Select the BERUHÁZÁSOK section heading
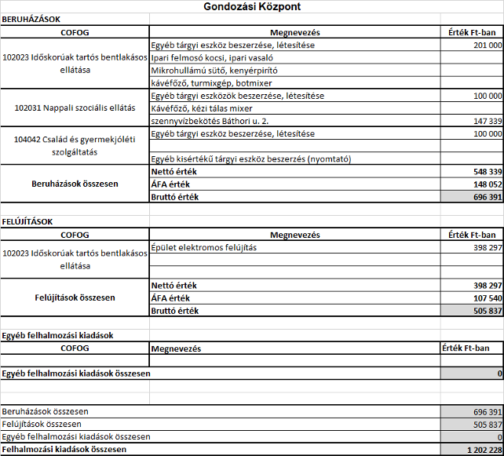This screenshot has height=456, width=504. [32, 19]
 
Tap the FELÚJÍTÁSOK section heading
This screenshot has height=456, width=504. [28, 222]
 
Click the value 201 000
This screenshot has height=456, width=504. [488, 46]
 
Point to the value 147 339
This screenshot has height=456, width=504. [488, 122]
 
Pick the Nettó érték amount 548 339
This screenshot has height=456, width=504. [488, 170]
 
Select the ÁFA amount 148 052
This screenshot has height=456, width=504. [488, 184]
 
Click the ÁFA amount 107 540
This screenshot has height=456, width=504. [488, 298]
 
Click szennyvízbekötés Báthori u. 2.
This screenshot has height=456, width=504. [205, 122]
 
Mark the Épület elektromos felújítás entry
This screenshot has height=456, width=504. [203, 247]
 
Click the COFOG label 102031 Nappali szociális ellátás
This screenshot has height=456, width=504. [75, 108]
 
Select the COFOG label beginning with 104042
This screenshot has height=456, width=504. [75, 140]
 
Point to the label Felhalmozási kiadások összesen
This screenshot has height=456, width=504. [64, 450]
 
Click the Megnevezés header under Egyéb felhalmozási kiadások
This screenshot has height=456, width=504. [177, 348]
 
